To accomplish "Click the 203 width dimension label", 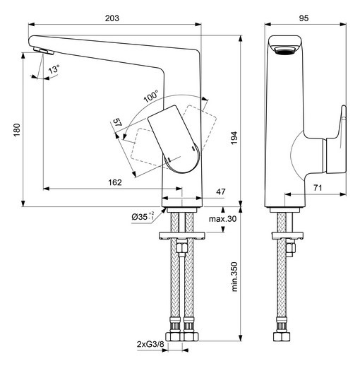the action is [112, 18].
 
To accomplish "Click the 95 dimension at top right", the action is [304, 18].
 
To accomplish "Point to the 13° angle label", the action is [54, 69].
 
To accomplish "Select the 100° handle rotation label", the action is [151, 96].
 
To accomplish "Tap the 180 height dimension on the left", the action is [17, 130].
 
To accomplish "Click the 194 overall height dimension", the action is [234, 138].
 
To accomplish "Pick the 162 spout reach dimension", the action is [115, 182].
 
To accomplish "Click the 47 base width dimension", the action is [220, 191].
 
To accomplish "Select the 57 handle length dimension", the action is [117, 122].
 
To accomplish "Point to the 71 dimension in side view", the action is [318, 188].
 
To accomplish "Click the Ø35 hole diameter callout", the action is [143, 216].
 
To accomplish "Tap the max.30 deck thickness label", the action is [222, 219].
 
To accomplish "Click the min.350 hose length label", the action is [234, 276].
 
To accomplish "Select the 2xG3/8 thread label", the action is [150, 344].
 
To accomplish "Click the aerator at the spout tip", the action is [44, 51].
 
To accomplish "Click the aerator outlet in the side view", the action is [284, 51].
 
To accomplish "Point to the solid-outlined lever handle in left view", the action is [174, 139].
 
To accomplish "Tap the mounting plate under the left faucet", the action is [182, 236].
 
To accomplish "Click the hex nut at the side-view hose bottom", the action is [282, 336].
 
